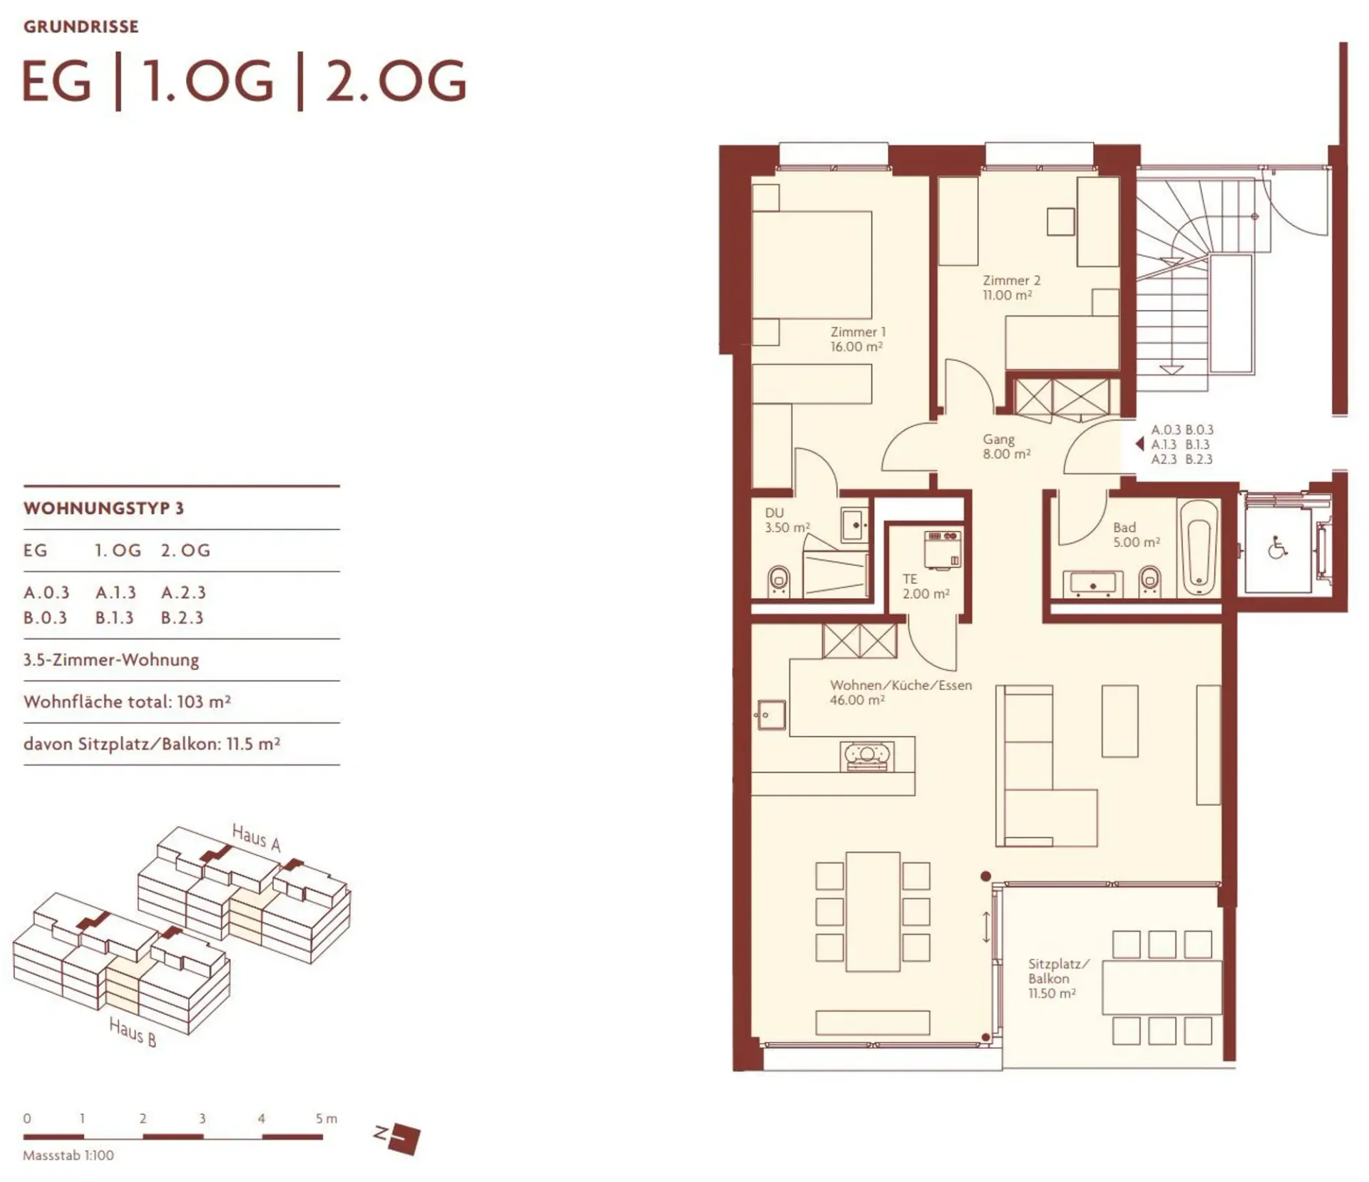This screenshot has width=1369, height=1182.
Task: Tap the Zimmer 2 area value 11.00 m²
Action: click(x=1007, y=295)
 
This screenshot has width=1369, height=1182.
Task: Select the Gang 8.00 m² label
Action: click(x=1006, y=446)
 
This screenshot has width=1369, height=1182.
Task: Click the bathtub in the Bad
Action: click(x=1198, y=548)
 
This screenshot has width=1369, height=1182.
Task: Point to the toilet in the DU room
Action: click(x=779, y=582)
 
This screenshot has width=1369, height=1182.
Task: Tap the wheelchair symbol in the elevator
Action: click(x=1278, y=549)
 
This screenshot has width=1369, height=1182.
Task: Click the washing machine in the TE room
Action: click(x=943, y=550)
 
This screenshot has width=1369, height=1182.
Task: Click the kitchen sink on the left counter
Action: click(x=771, y=715)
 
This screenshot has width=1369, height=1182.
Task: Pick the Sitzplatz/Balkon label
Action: click(x=1058, y=978)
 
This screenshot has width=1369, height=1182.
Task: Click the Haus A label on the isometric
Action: click(x=256, y=837)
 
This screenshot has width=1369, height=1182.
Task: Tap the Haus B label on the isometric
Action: click(x=133, y=1032)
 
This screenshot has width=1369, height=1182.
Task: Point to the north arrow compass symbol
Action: click(x=398, y=1139)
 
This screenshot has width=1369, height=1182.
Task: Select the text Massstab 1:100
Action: click(x=68, y=1156)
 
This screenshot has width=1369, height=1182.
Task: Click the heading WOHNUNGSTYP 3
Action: click(x=103, y=508)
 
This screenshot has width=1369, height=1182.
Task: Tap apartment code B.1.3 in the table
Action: click(x=115, y=617)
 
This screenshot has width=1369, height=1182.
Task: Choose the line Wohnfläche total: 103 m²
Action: click(x=127, y=702)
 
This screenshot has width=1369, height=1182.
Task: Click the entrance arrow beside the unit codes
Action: click(x=1139, y=444)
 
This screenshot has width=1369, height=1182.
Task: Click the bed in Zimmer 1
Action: click(x=812, y=264)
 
